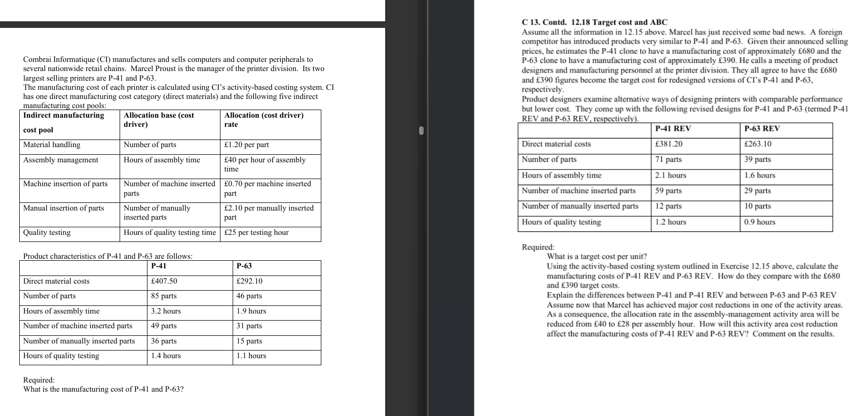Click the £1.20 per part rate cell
pos(246,145)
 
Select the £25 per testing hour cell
pos(256,233)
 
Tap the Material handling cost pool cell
pos(52,145)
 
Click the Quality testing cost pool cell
pos(47,233)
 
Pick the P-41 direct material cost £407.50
pos(164,282)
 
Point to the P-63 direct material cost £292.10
pos(249,282)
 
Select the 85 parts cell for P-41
pos(164,296)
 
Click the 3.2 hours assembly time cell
pos(166,311)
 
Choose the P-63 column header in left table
pos(244,266)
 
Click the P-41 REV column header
pos(673,129)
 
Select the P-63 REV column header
pos(762,129)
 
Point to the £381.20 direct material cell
pos(668,144)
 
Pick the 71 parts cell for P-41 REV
pos(668,160)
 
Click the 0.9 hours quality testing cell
pos(759,222)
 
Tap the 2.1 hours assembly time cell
pos(671,176)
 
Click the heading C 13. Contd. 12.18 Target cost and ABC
pos(594,22)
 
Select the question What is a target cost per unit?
pos(597,257)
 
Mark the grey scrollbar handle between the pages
pos(421,131)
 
